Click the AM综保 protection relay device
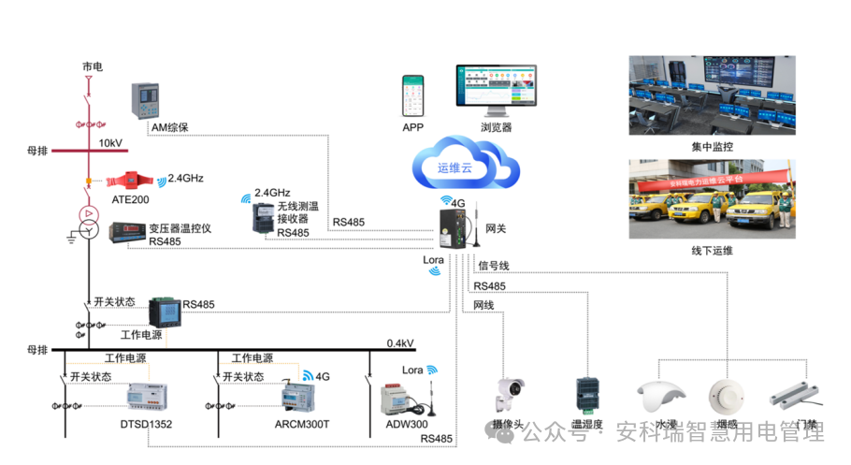144,100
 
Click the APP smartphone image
413,94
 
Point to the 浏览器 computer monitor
495,90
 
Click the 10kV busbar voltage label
110,143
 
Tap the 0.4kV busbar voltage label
400,343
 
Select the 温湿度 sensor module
587,394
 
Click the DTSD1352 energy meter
149,395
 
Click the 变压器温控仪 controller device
128,231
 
